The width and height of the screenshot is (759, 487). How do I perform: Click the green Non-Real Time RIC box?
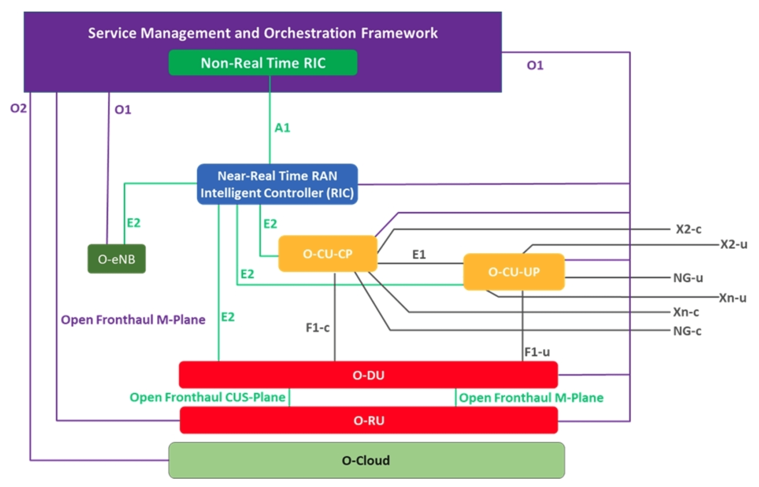pos(263,63)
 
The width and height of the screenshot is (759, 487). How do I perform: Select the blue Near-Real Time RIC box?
pos(277,184)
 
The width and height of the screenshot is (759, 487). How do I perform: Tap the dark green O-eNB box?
pos(116,259)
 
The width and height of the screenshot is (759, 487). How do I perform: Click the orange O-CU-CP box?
pos(328,254)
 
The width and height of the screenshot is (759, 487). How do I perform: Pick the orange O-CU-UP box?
pos(514,272)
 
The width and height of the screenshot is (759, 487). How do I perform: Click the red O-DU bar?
pos(368,375)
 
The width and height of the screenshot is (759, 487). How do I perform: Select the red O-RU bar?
pos(369,420)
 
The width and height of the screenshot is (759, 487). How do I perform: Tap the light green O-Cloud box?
pos(366,460)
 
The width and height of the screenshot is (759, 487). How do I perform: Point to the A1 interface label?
pos(282,128)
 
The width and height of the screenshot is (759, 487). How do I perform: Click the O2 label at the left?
pos(18,108)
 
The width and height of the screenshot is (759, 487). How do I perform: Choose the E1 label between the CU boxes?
pos(419,255)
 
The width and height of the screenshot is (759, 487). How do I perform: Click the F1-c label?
pos(317,328)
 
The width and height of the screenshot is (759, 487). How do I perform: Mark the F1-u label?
pos(537,352)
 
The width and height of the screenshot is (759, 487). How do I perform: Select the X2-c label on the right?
pos(688,229)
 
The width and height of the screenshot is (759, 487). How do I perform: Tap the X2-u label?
pos(733,245)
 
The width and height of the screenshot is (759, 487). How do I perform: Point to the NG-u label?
pos(688,278)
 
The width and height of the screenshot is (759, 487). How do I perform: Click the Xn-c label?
pos(686,312)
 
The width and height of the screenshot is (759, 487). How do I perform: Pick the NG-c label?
pos(687,331)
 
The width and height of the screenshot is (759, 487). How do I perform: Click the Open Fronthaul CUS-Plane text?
pos(208,397)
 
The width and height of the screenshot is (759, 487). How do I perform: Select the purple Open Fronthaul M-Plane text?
pos(133,319)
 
